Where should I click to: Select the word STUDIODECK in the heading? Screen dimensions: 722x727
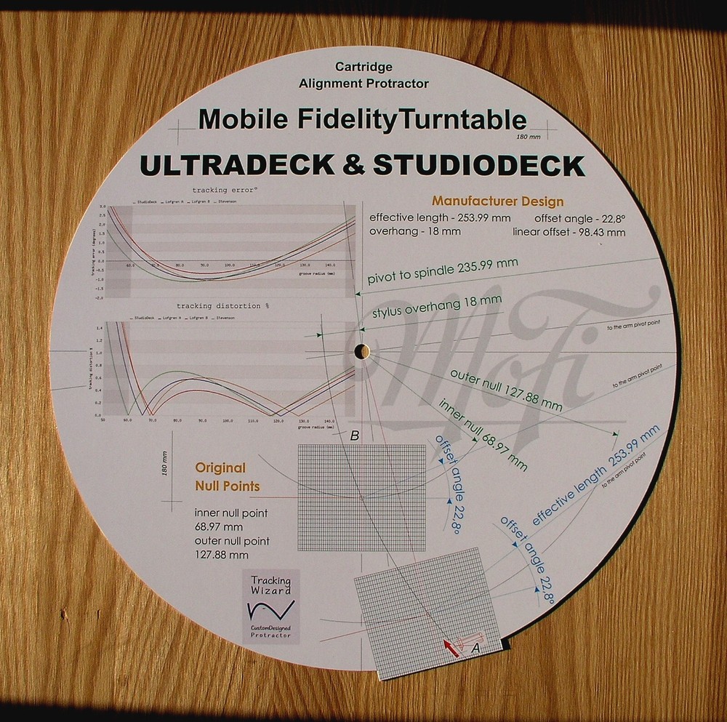(478, 166)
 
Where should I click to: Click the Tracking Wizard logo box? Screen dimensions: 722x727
(271, 606)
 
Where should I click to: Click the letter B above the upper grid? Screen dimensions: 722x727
(355, 436)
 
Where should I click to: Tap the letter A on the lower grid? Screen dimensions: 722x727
(476, 644)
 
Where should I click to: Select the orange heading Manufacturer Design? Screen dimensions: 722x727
(497, 201)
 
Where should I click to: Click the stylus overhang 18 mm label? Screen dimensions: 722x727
(436, 307)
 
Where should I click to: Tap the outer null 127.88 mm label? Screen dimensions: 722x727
(506, 390)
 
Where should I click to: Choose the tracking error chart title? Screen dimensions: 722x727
(225, 190)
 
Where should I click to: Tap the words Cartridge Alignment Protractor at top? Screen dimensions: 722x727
(363, 75)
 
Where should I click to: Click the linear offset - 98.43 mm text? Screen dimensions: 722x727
(569, 233)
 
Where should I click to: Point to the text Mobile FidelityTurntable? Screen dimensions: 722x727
(362, 119)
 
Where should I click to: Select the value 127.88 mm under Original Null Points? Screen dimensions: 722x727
(222, 555)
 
